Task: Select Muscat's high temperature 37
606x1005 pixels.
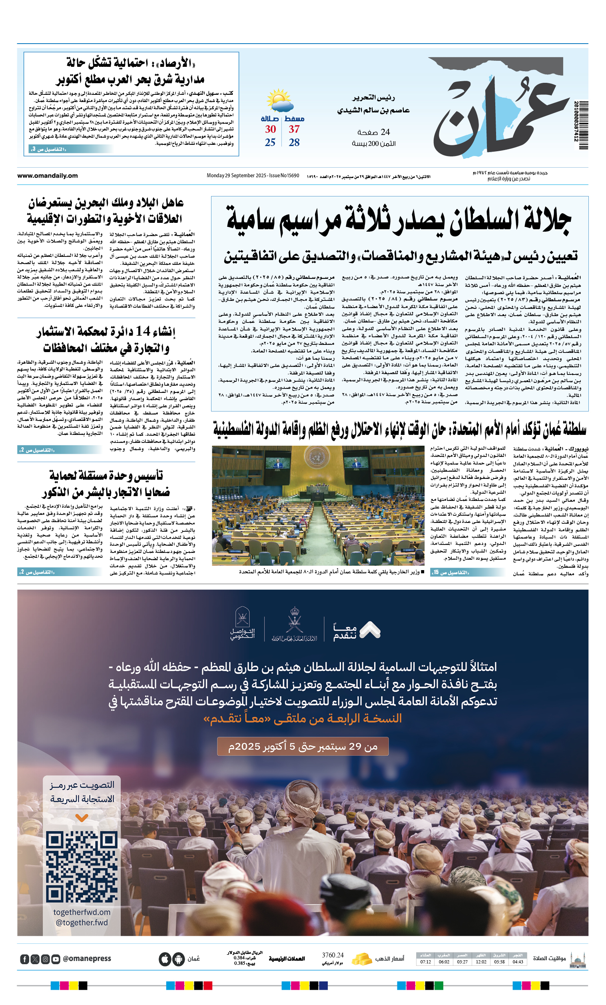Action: (x=294, y=130)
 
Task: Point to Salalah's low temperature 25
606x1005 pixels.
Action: (x=270, y=143)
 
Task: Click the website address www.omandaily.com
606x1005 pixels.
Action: (x=47, y=176)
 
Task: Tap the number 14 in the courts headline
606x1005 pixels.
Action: (x=143, y=331)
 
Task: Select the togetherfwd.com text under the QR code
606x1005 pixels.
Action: (x=82, y=912)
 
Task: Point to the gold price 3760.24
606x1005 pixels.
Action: (x=333, y=955)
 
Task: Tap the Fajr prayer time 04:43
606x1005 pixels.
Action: (x=518, y=962)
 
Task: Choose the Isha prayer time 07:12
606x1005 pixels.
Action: (x=425, y=962)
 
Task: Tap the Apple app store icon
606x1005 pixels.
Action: (x=165, y=959)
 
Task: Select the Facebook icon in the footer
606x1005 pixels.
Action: (x=24, y=959)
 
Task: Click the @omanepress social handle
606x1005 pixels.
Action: (x=87, y=959)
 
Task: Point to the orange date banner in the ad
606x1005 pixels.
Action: (x=302, y=747)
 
